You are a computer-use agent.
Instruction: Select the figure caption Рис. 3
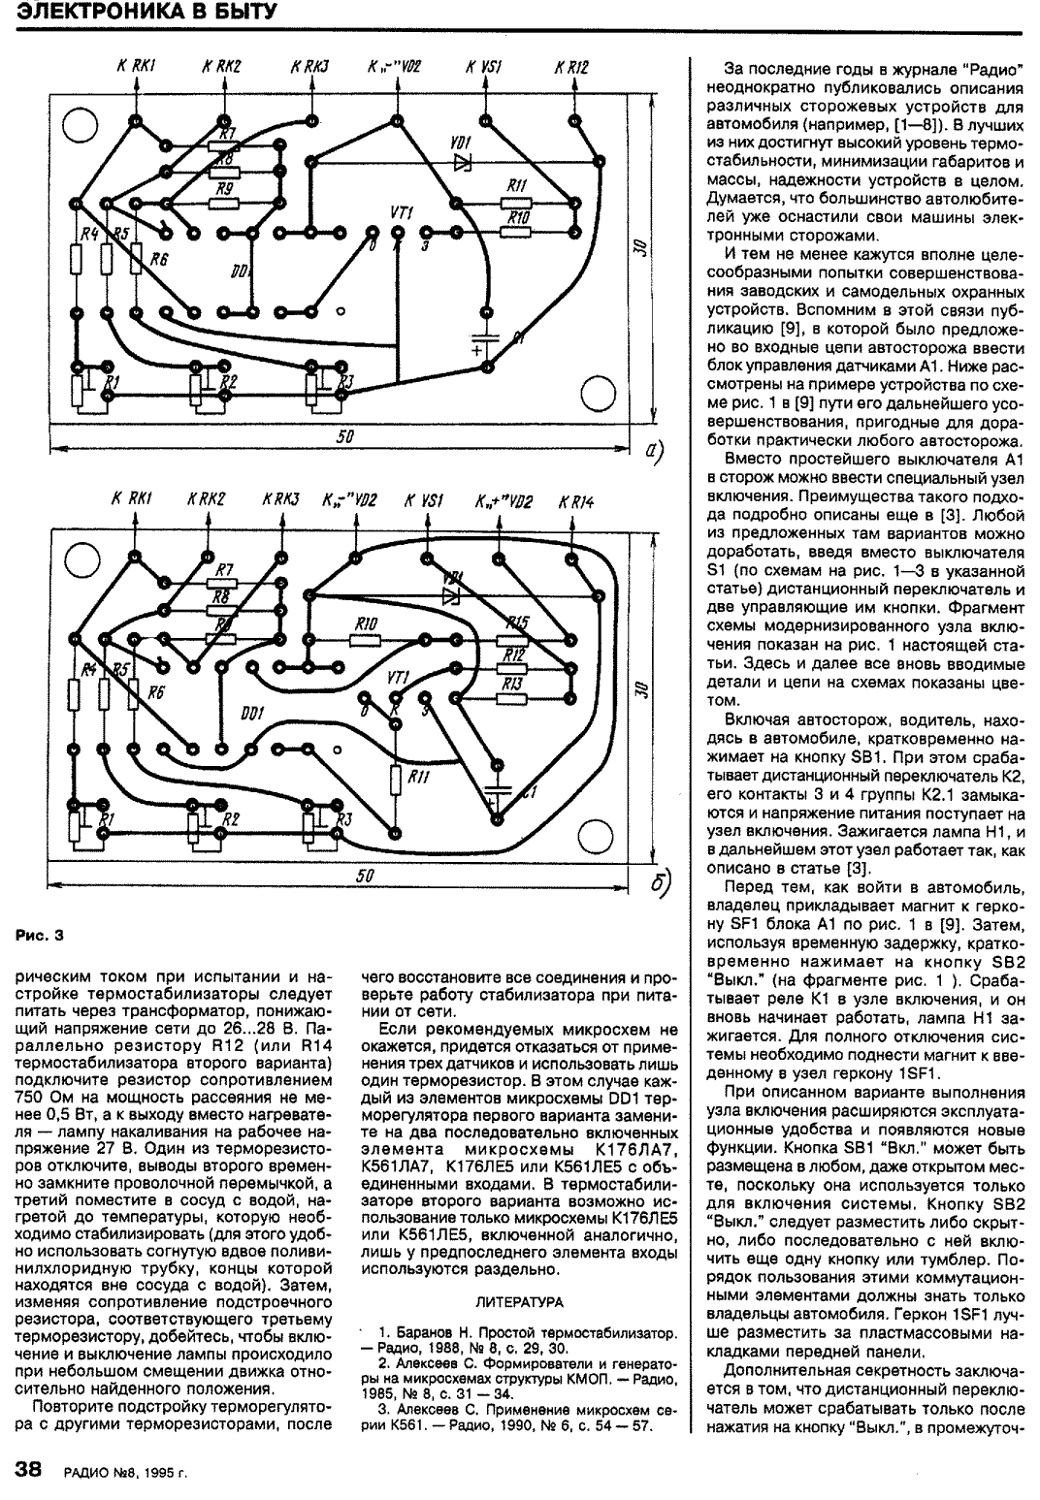pyautogui.click(x=40, y=936)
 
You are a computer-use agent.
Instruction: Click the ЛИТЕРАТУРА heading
pyautogui.click(x=519, y=1301)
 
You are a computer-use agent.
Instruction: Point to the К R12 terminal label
pyautogui.click(x=571, y=67)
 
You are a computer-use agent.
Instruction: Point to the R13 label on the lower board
pyautogui.click(x=512, y=685)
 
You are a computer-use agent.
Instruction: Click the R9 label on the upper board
pyautogui.click(x=224, y=191)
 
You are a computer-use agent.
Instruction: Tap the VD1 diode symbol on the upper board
pyautogui.click(x=461, y=161)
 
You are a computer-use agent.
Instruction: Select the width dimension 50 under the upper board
pyautogui.click(x=344, y=437)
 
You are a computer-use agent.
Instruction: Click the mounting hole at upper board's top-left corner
pyautogui.click(x=78, y=123)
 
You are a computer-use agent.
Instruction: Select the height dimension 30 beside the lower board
pyautogui.click(x=636, y=689)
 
